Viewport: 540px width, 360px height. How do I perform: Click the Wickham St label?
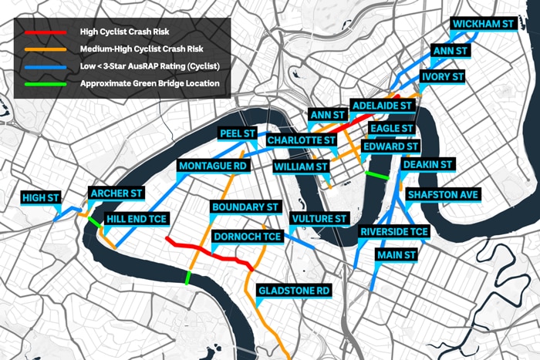point(483,24)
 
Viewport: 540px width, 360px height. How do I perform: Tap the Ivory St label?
point(443,76)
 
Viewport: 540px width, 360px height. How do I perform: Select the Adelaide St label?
point(382,106)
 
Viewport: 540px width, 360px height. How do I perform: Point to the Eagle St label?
point(391,129)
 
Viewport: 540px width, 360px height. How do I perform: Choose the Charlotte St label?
point(302,140)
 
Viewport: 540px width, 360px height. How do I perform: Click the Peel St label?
point(238,133)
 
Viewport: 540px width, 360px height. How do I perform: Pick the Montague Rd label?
point(213,166)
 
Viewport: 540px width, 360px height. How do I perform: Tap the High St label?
point(41,197)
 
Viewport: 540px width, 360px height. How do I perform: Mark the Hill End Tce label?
point(137,219)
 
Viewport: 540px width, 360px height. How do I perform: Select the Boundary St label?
point(245,207)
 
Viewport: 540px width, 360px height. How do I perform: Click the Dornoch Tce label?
point(248,237)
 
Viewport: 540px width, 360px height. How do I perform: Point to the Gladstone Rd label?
point(294,291)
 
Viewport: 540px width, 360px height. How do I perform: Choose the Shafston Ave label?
point(443,195)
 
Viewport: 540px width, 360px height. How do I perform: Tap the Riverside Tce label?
point(394,231)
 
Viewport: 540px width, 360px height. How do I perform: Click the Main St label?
point(397,255)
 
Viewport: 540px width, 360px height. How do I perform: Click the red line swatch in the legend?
point(46,32)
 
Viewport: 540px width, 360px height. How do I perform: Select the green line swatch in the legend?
point(46,84)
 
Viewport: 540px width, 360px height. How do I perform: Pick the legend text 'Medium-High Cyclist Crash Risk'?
point(141,49)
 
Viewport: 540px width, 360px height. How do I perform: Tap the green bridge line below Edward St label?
point(376,175)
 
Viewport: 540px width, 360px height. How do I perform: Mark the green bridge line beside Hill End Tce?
point(95,222)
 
